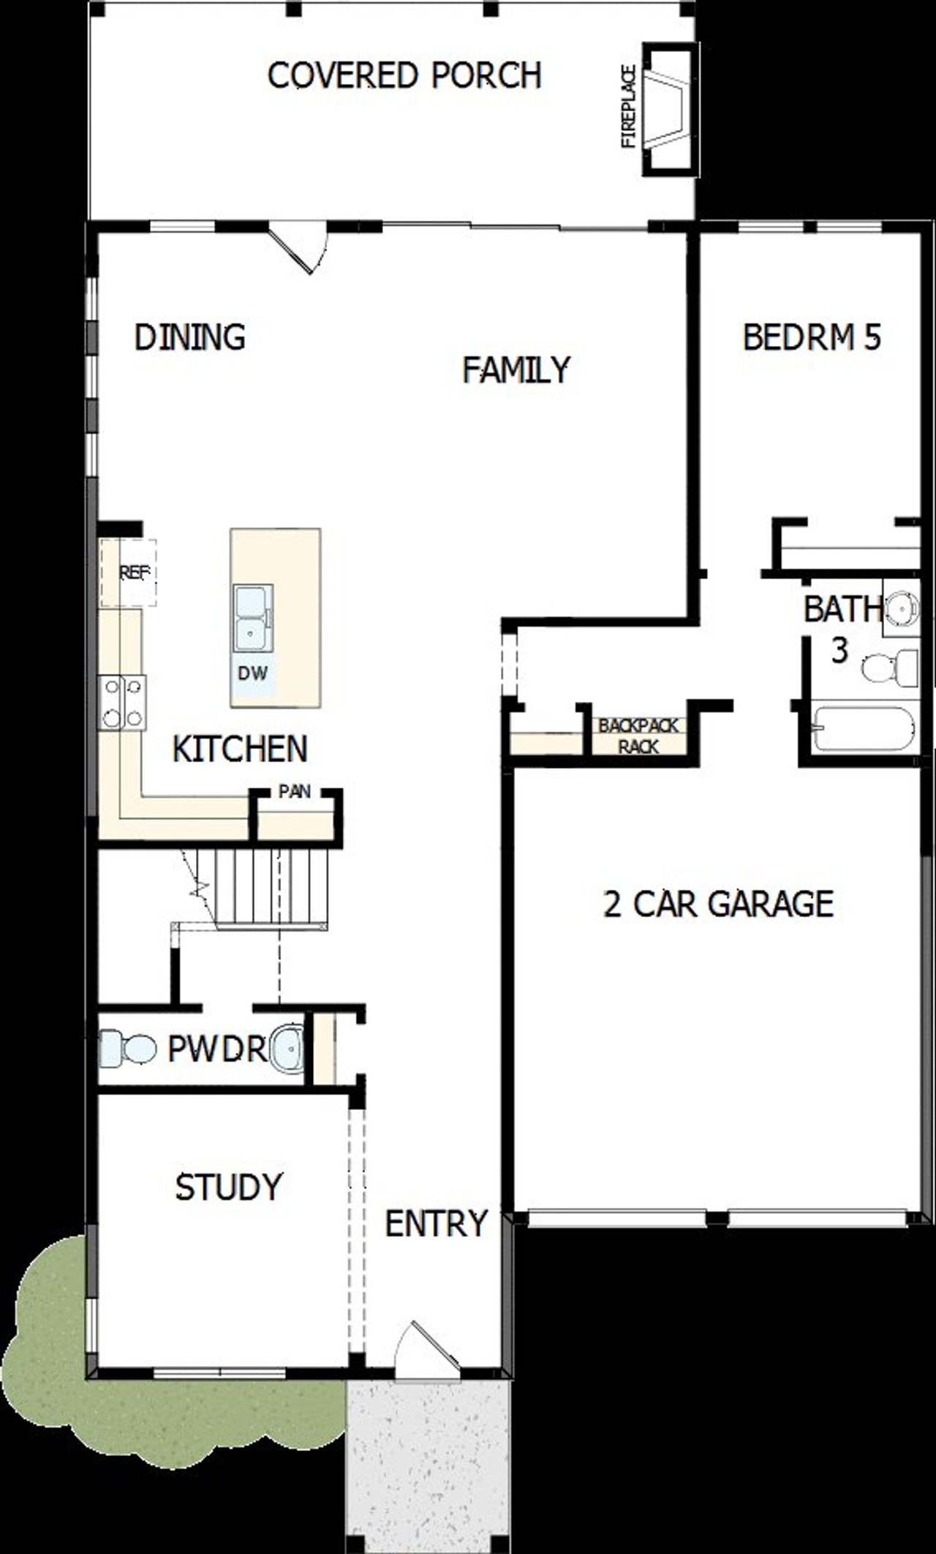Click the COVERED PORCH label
(x=404, y=75)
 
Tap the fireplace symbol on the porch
(x=668, y=110)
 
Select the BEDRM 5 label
(x=812, y=338)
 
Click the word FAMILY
(x=516, y=370)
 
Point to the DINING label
(x=190, y=337)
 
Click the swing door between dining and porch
(x=296, y=247)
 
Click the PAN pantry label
(x=295, y=791)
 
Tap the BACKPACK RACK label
(x=638, y=736)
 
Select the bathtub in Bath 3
(x=863, y=728)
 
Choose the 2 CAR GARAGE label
(x=718, y=904)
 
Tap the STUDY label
(x=228, y=1186)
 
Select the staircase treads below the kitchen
(x=271, y=887)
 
